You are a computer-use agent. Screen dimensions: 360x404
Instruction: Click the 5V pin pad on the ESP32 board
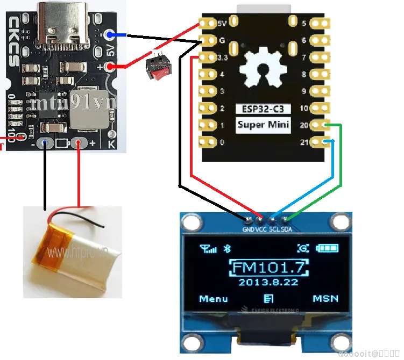click(x=206, y=23)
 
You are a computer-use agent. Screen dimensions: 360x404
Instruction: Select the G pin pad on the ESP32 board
click(x=206, y=40)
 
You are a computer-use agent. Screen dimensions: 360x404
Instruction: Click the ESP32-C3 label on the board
click(x=264, y=109)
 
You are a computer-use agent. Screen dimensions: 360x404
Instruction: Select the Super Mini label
click(x=264, y=125)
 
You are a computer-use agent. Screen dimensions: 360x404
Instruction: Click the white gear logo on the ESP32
click(x=264, y=67)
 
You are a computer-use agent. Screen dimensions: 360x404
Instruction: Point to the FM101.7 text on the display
click(x=269, y=267)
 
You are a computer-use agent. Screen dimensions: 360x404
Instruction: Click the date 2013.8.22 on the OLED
click(x=268, y=282)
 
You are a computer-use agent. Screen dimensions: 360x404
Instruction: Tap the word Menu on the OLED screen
click(x=214, y=299)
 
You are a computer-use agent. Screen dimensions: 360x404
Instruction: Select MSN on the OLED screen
click(x=325, y=299)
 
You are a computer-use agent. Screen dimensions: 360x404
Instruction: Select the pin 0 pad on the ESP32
click(x=206, y=142)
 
